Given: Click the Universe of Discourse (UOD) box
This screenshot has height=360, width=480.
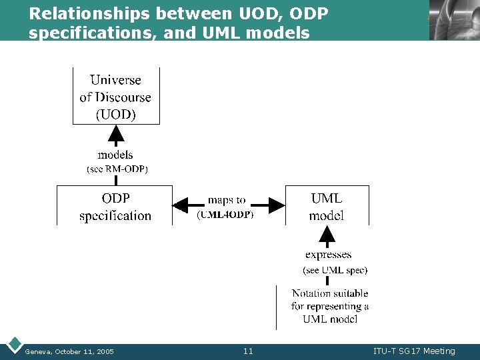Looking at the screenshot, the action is coord(116,96).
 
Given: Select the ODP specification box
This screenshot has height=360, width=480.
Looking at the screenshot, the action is coord(115,206).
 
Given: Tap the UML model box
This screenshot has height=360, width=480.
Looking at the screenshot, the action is coord(327,206).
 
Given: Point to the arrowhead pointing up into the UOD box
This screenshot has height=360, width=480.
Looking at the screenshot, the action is coord(116,137).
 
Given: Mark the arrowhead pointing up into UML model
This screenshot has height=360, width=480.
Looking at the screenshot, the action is coord(327,235).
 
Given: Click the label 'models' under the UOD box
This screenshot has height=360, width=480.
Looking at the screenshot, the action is coord(115,155).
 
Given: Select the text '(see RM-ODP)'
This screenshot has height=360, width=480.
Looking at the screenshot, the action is coord(117,169).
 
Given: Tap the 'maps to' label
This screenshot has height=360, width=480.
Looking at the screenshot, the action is coord(227,199).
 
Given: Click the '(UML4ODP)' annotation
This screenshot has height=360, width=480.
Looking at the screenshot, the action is coord(226,214).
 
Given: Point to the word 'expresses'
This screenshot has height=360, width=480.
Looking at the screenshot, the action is coord(328,254).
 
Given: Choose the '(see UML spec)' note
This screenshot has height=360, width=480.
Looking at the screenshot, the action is coord(335,270).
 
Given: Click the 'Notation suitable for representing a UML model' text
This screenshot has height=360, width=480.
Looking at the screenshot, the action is coord(330,306).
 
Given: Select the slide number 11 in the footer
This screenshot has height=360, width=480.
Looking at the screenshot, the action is coord(248,351).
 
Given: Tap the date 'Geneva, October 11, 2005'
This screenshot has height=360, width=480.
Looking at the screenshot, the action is coord(69,351).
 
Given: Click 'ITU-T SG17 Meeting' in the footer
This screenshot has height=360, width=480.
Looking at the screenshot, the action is coord(414,351).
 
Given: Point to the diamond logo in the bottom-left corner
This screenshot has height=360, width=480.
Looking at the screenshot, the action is coord(13,345).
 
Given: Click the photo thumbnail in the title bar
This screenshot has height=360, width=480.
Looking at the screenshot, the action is coord(454,20).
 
